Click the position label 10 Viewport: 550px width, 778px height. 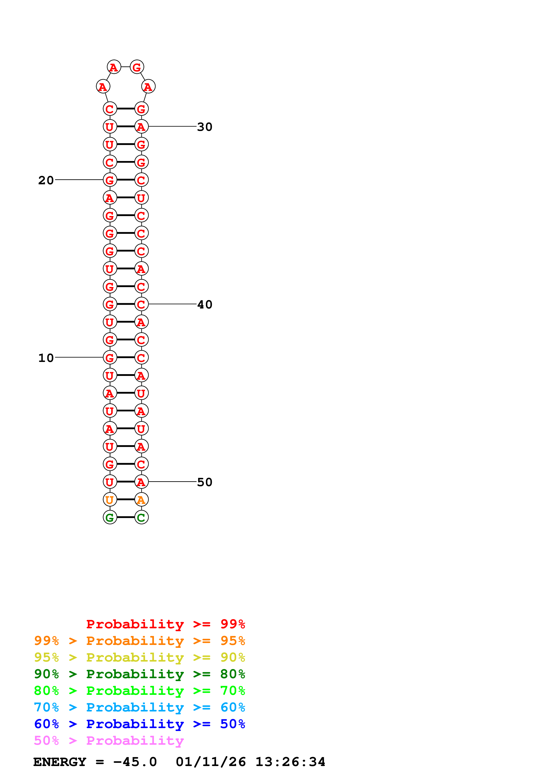tap(46, 358)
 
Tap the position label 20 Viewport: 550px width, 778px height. tap(46, 180)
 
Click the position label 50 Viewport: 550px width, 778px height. tap(205, 482)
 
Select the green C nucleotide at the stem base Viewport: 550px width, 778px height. tap(141, 517)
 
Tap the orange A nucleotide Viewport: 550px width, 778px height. tap(141, 499)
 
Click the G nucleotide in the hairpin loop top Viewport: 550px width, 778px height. tap(137, 67)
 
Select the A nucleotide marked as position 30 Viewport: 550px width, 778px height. tap(141, 126)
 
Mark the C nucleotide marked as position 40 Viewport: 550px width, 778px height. tap(141, 304)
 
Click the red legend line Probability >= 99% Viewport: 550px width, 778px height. tap(165, 624)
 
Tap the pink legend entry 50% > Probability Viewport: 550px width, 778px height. tap(108, 741)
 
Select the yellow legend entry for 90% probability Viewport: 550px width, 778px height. tap(139, 657)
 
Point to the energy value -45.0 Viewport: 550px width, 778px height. tap(135, 762)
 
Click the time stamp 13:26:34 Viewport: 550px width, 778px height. tap(290, 762)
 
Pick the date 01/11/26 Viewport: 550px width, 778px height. tap(211, 762)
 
